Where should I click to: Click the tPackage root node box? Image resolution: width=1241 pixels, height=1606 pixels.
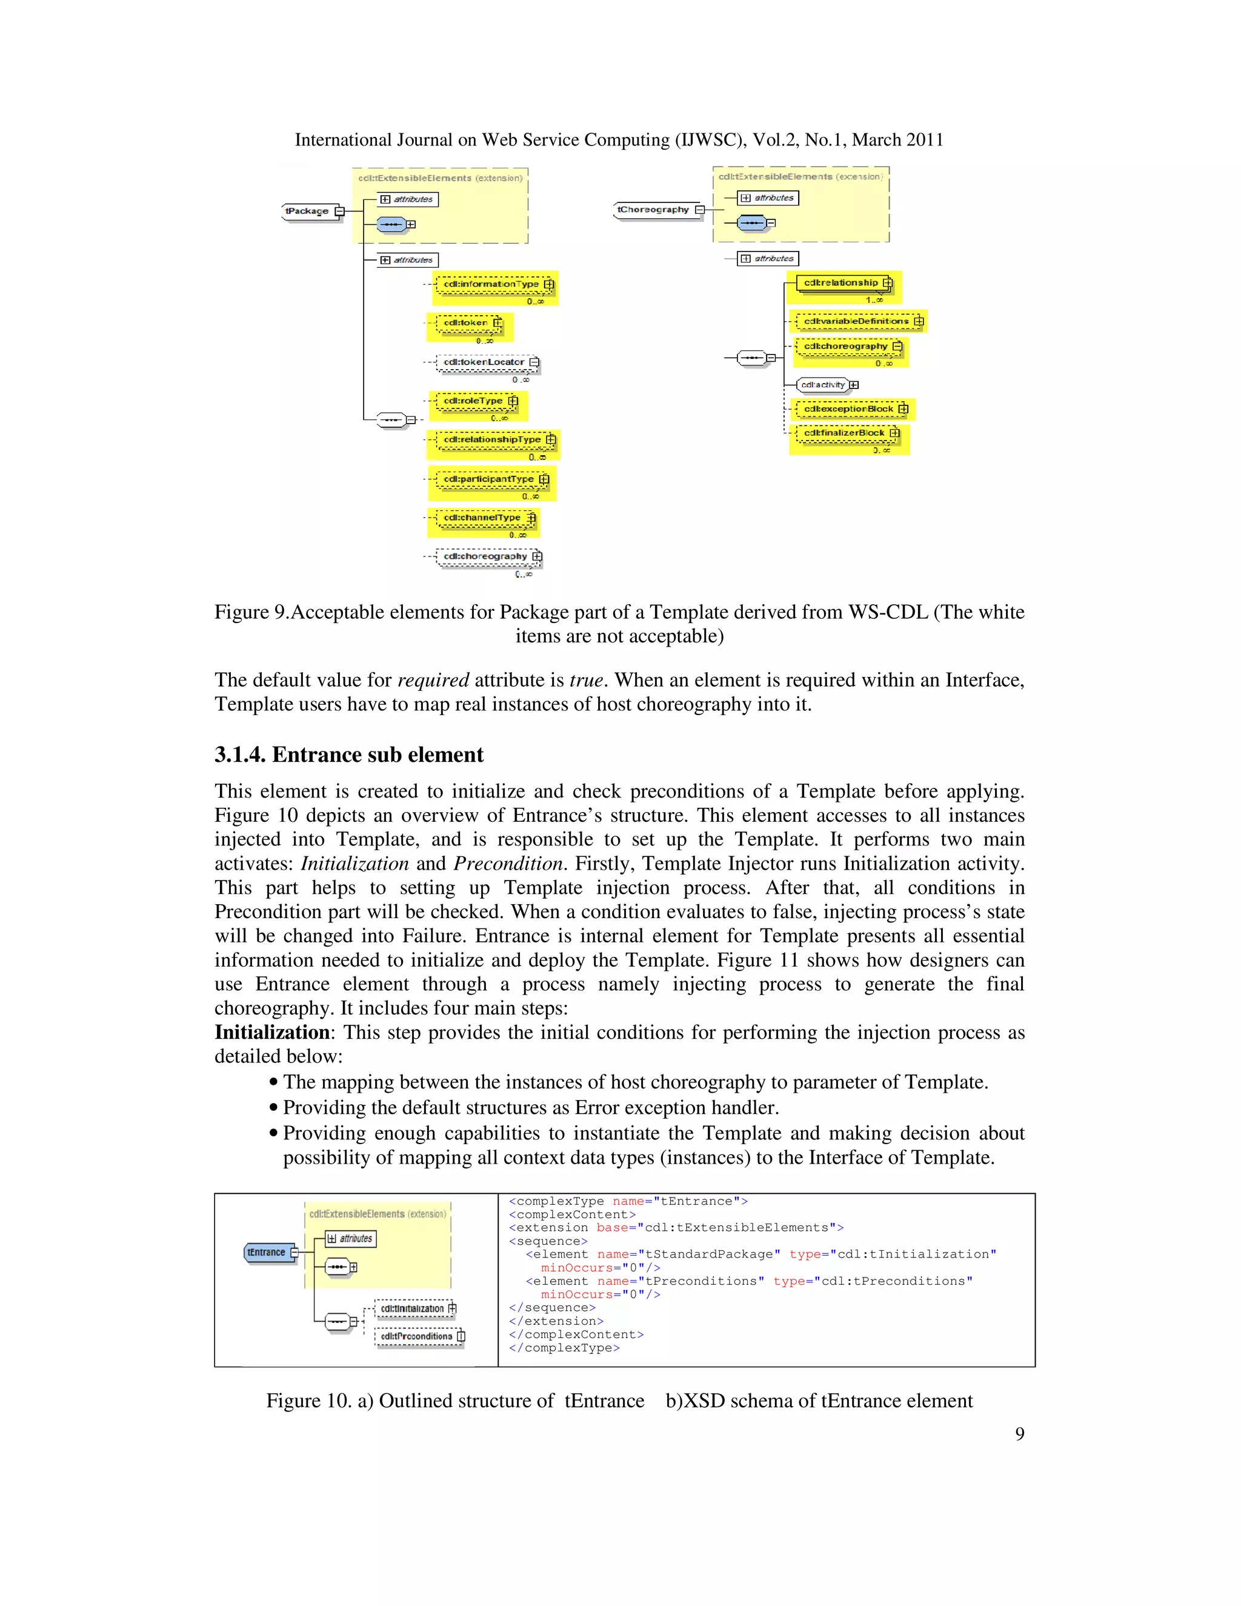307,211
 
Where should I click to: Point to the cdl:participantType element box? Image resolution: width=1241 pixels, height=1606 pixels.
489,479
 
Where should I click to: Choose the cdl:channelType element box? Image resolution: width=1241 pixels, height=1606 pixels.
482,518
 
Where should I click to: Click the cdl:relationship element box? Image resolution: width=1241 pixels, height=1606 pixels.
841,282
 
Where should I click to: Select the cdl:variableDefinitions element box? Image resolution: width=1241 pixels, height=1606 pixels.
856,321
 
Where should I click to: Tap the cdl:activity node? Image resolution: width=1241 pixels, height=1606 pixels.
823,385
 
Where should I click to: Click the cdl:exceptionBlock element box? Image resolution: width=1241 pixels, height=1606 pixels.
849,409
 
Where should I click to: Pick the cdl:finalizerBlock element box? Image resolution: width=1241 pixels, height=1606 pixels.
845,433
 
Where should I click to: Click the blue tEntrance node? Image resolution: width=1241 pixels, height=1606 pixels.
266,1252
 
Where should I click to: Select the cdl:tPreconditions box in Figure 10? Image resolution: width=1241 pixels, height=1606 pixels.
417,1336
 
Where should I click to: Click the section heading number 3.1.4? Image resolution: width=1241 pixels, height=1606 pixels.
240,755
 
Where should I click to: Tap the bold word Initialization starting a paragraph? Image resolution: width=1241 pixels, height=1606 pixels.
271,1033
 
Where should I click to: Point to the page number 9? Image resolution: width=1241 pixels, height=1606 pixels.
1019,1433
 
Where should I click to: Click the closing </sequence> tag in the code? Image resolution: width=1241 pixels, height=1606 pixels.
552,1307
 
